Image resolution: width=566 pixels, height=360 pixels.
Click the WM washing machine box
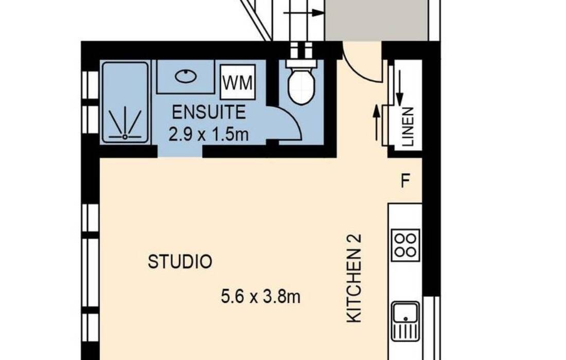click(238, 82)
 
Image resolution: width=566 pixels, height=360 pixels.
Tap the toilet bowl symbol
click(302, 86)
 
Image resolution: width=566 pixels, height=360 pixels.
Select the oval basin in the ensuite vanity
click(186, 77)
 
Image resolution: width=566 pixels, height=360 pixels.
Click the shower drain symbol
click(125, 137)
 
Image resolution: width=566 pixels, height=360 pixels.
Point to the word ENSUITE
click(208, 112)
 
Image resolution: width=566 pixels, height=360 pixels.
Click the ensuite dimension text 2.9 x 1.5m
click(208, 134)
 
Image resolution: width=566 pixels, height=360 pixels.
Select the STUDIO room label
click(180, 262)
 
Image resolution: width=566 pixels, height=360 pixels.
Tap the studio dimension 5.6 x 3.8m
click(261, 297)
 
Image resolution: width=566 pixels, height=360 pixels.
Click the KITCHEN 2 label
click(354, 278)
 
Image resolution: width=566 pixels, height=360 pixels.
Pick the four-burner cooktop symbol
click(405, 245)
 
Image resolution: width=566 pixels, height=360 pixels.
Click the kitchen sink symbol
click(406, 321)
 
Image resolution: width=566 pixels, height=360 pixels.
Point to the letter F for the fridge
click(405, 181)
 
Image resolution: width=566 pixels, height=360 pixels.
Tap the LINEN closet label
click(407, 127)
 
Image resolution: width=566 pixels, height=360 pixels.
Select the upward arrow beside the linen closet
click(377, 122)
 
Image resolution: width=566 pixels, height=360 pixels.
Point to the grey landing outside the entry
click(376, 20)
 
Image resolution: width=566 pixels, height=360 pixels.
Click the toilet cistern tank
click(302, 63)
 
